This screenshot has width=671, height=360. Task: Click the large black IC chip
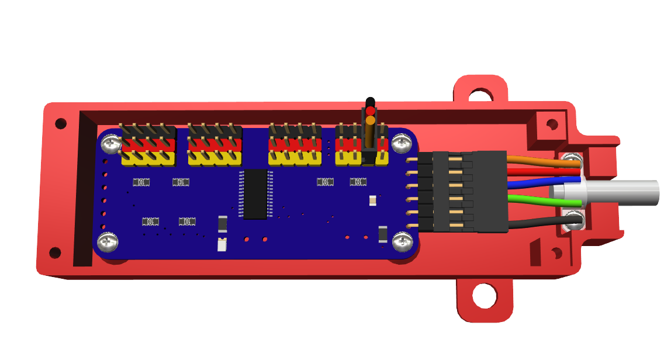[255, 194]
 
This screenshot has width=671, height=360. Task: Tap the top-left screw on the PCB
[109, 142]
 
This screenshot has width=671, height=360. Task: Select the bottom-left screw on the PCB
[108, 240]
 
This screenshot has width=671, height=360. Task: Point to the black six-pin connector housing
[490, 191]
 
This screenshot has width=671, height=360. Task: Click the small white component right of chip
[373, 200]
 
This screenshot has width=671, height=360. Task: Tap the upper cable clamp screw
[572, 158]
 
